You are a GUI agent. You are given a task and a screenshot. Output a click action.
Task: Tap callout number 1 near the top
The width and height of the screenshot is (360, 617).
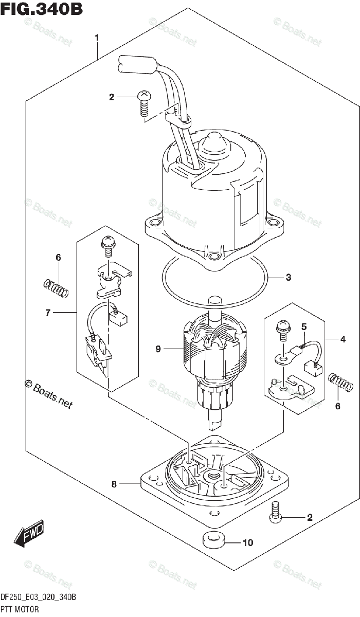point(97,38)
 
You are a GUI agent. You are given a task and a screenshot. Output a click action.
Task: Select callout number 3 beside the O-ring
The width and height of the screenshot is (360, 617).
point(289,278)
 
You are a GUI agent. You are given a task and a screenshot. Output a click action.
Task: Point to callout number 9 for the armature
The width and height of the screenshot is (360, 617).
point(158,349)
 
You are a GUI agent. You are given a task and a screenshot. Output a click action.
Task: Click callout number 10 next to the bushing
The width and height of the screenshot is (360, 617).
point(247,543)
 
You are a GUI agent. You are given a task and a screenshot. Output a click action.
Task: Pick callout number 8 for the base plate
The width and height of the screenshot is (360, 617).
point(114,484)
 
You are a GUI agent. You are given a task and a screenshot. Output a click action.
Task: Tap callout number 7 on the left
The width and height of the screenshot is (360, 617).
point(48,313)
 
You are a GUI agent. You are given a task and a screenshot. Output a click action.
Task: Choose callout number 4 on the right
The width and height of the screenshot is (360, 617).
point(343,339)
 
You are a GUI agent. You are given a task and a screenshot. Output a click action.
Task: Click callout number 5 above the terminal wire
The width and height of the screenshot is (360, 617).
point(304,326)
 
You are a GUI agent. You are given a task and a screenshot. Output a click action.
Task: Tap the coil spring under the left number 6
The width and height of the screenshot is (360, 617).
point(56,288)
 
